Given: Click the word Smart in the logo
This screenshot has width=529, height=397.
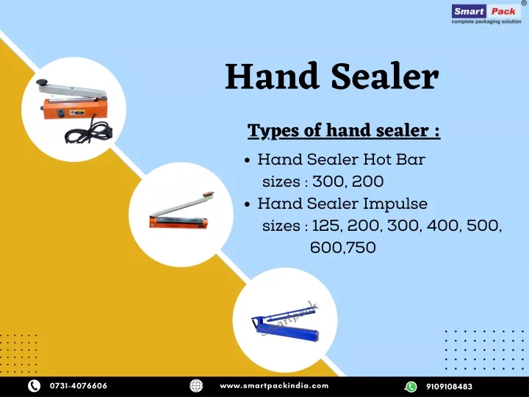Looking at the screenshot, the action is point(469,12).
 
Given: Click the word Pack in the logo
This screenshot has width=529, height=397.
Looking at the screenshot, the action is point(503,12).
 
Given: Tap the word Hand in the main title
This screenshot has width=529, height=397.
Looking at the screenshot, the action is point(272,76).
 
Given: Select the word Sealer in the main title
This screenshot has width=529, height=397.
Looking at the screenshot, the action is point(385,76).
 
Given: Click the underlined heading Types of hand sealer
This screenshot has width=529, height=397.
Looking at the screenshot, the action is point(344,131).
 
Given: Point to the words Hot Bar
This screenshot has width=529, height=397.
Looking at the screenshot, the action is point(394,160).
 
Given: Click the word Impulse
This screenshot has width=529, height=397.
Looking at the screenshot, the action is point(395,204).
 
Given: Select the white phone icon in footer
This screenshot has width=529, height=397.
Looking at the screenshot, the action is point(34,386).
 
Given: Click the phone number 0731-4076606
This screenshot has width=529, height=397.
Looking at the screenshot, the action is point(79,386).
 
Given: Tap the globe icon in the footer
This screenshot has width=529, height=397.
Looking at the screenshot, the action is point(196,386).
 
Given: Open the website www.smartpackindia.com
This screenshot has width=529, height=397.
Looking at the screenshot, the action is point(274,386).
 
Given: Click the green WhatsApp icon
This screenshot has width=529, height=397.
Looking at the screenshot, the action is point(411,386).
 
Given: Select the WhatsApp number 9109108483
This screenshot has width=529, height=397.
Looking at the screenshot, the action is point(449,386).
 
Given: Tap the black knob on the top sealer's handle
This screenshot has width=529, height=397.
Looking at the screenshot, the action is point(42,82).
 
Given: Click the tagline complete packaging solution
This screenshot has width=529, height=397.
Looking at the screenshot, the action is point(486,21).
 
